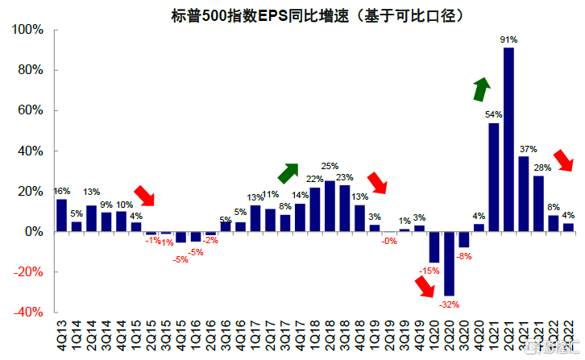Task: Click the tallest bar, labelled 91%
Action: tap(508, 139)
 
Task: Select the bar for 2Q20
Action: tap(449, 263)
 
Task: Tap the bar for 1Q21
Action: tap(493, 177)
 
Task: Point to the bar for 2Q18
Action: tap(330, 206)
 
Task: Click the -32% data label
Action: tap(449, 304)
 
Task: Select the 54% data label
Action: tap(494, 114)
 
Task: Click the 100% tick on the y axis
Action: tap(29, 30)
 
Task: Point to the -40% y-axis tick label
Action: tap(29, 312)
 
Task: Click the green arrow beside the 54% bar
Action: tap(481, 89)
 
